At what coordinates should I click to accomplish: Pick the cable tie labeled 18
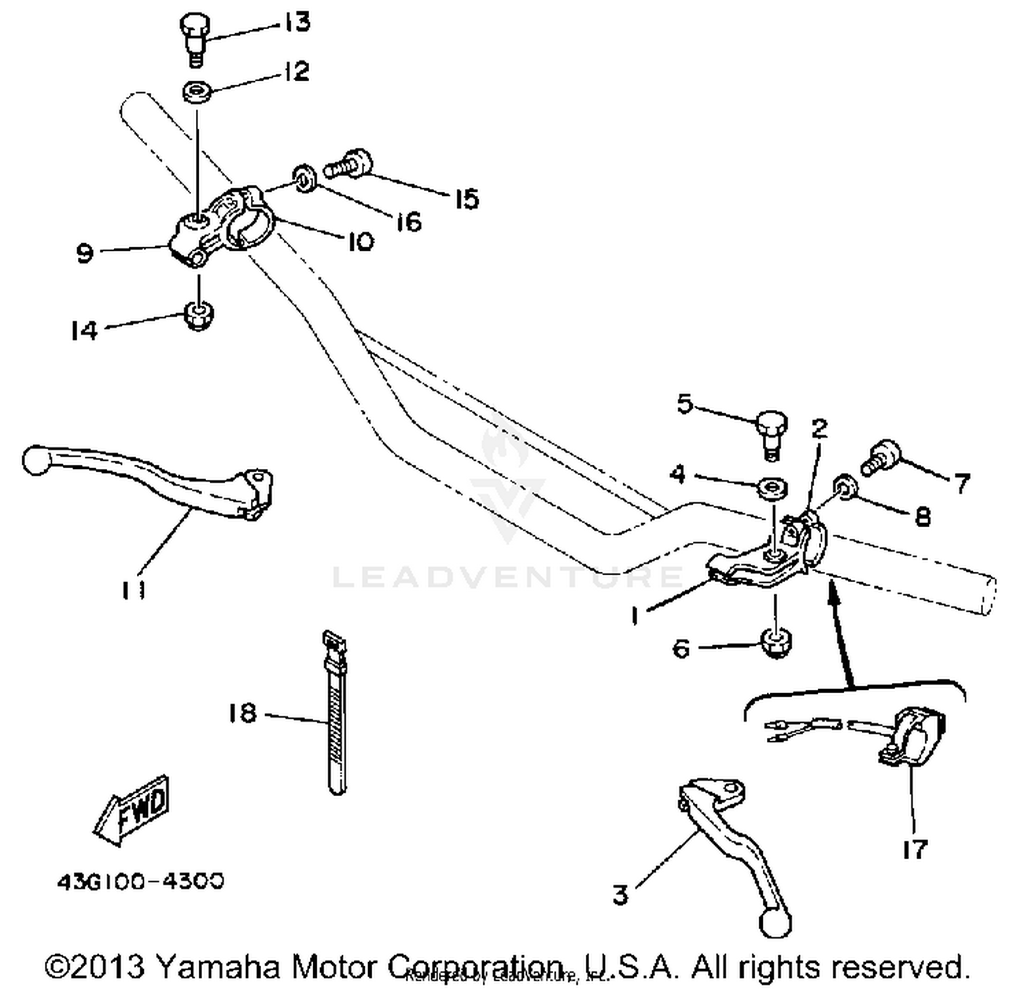click(335, 711)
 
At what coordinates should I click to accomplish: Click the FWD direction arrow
click(133, 809)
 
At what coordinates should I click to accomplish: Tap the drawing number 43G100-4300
click(140, 882)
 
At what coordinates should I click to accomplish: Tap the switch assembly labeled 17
click(912, 735)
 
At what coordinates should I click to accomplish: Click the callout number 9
click(85, 253)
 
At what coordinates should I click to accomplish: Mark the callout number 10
click(361, 241)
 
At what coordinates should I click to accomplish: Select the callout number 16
click(409, 221)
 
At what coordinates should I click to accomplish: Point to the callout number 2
click(820, 428)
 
